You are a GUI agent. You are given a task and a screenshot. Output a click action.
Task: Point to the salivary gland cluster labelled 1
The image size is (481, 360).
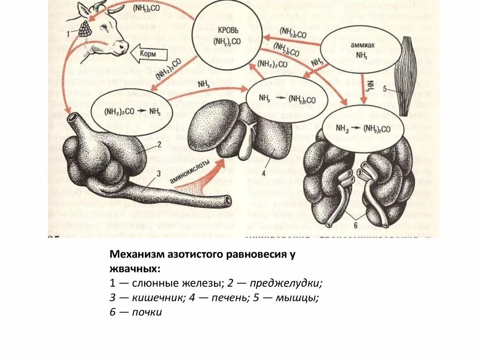(x=85, y=30)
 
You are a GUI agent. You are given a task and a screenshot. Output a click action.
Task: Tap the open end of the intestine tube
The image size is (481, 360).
(x=227, y=200)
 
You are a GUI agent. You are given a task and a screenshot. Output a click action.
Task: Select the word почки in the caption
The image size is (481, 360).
(x=147, y=312)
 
